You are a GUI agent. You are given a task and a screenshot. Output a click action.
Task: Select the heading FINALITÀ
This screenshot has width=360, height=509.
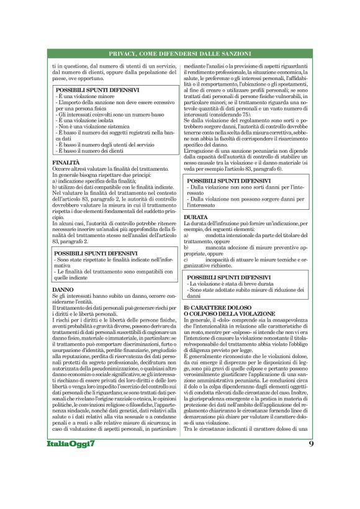click(66, 163)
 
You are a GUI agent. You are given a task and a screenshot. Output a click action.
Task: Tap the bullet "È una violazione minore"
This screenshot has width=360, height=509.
click(83, 97)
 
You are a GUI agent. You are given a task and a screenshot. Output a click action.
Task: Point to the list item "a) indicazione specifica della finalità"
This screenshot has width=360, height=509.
click(96, 181)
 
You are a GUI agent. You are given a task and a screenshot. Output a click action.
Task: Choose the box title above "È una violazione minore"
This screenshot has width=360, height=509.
click(96, 91)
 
